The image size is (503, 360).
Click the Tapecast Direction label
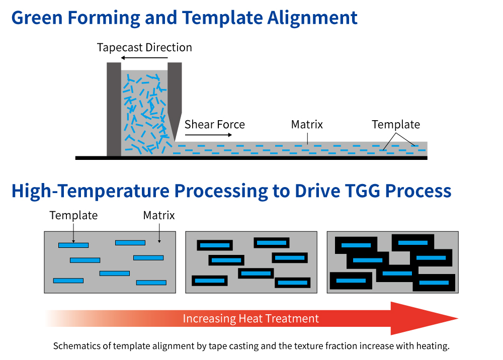[144, 47]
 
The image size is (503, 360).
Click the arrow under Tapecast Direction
[144, 58]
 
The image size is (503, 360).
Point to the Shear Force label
[215, 124]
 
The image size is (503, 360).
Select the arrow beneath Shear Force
[209, 135]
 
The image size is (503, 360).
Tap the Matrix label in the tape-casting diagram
[307, 124]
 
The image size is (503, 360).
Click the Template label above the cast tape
[396, 124]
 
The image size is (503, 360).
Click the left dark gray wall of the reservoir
[114, 109]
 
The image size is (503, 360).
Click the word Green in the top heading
[37, 18]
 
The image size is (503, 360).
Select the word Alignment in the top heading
[312, 18]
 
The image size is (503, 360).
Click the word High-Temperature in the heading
[90, 191]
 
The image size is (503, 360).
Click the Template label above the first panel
[73, 215]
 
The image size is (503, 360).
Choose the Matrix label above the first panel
[159, 215]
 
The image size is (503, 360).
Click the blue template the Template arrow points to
[73, 245]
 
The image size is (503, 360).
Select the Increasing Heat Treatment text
[251, 319]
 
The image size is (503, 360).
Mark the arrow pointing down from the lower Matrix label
[159, 233]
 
